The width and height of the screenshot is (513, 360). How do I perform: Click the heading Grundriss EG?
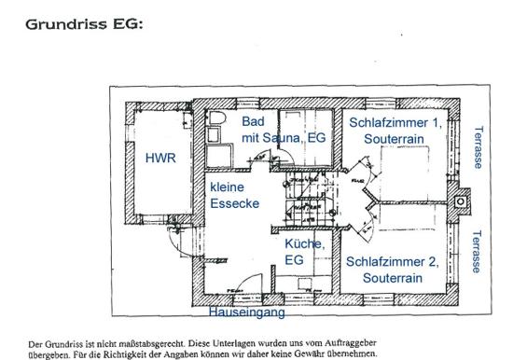coord(84,24)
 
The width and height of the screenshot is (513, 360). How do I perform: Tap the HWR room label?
coord(160,158)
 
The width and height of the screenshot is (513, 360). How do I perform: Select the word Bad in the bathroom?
coord(253,121)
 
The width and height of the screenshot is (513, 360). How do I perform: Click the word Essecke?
coord(234,203)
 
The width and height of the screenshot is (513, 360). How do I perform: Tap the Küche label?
coord(305,243)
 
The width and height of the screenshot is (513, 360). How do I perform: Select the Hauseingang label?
coord(246,312)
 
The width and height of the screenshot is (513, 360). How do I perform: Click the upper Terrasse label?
coord(478,147)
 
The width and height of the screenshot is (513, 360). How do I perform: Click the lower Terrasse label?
coord(477,252)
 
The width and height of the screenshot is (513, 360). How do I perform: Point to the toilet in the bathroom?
coord(216,118)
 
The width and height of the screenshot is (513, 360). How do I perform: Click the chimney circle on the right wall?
coord(461,201)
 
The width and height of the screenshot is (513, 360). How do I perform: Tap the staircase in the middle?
coord(308,201)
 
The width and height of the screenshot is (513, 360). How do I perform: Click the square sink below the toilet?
coord(214,135)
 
